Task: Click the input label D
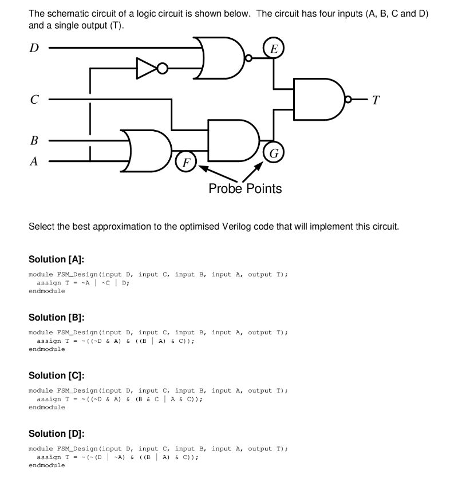point(34,48)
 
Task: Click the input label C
point(34,100)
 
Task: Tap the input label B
point(34,140)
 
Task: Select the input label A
point(34,161)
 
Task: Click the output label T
point(375,100)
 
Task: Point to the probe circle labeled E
point(274,49)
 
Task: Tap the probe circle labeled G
point(274,153)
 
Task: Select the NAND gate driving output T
point(318,98)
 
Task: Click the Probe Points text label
point(245,188)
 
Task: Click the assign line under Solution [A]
point(80,283)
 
